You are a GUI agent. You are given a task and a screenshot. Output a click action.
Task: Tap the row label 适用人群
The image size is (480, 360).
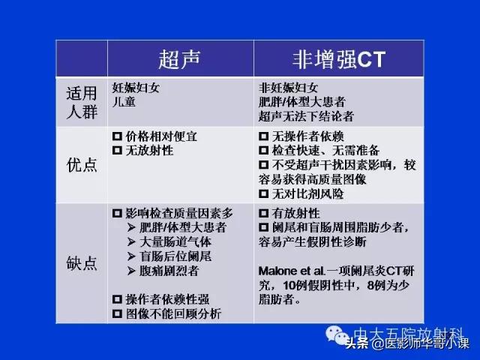[x=82, y=102]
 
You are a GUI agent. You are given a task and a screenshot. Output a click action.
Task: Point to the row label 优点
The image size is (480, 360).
[x=82, y=164]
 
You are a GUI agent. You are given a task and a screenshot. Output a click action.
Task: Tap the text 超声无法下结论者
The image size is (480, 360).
[x=306, y=116]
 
